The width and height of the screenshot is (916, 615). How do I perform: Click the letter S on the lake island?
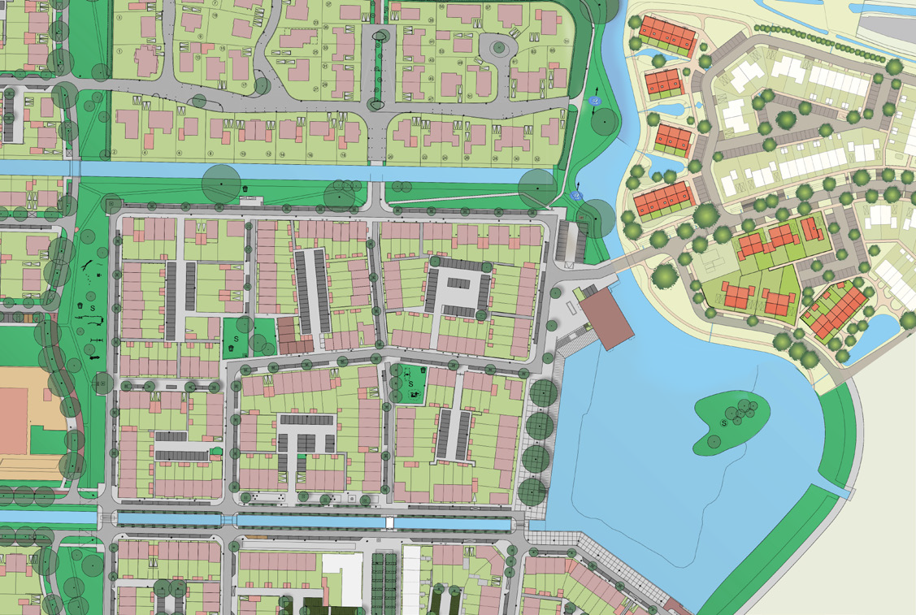723,423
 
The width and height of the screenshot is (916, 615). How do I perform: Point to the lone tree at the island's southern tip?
713,441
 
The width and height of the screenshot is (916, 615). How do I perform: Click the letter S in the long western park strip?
93,309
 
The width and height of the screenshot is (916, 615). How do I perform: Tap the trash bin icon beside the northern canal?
245,189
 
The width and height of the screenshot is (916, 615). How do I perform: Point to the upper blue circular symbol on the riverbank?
595,101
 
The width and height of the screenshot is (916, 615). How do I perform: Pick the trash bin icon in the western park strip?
81,306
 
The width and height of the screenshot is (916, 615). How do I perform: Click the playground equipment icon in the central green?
415,396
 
